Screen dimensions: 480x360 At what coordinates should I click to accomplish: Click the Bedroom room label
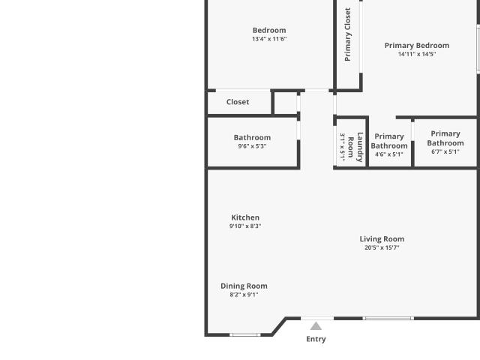[269, 30]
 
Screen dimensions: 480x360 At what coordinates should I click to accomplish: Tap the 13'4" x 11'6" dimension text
[269, 39]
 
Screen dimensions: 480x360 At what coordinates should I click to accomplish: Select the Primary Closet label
[347, 34]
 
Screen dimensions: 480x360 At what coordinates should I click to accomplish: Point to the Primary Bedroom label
[417, 46]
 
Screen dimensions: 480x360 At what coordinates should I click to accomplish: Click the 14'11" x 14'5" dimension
[417, 54]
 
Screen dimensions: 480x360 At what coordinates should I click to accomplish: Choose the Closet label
[238, 102]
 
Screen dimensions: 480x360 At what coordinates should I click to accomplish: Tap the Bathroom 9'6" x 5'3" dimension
[252, 146]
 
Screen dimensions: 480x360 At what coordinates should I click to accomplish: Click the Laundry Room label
[355, 147]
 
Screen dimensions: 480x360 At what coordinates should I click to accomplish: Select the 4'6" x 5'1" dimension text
[389, 154]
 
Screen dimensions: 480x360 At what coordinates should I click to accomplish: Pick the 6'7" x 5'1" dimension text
[445, 151]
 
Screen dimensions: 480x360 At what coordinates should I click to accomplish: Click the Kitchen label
[245, 217]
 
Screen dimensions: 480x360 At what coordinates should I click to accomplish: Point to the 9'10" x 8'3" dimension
[245, 226]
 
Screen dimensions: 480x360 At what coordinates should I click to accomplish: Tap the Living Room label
[382, 239]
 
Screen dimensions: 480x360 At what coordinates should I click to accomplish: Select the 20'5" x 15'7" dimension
[382, 247]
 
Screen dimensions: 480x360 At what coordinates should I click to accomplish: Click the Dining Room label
[244, 286]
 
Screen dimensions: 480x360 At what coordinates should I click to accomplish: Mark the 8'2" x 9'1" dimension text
[244, 295]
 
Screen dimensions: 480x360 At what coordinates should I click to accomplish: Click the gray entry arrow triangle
[316, 327]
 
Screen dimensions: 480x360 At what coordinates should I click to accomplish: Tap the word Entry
[316, 339]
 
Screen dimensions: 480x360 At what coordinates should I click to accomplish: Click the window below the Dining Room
[245, 335]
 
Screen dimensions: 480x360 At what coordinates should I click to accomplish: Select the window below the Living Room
[388, 318]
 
